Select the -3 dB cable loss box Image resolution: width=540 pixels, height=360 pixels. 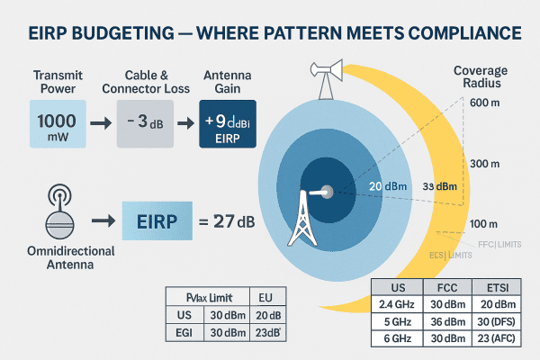point(145,124)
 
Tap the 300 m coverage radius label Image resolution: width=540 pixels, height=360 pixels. point(483,164)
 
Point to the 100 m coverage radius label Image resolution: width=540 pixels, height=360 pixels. point(483,222)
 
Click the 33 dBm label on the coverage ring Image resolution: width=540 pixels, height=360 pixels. point(438,187)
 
